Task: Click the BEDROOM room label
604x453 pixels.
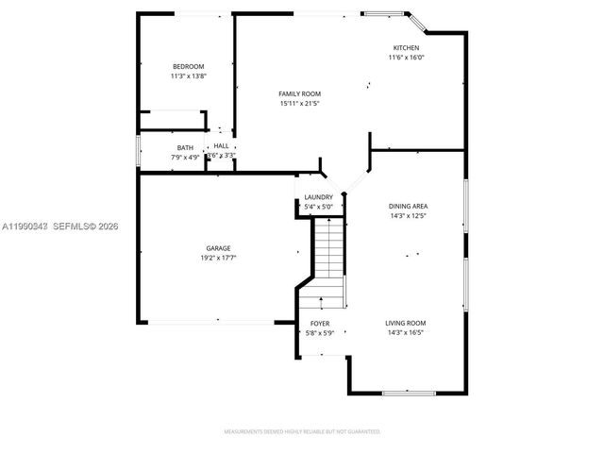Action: [x=188, y=66]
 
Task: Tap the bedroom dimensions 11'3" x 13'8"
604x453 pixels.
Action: [x=188, y=75]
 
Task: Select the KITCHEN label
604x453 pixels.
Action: [x=407, y=48]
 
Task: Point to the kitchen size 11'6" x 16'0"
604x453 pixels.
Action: [x=407, y=58]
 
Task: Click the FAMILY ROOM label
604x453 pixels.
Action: [x=300, y=93]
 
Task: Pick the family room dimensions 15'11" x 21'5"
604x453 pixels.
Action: [x=300, y=103]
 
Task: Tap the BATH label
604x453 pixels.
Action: [x=185, y=148]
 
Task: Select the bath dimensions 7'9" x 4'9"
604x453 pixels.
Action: [x=185, y=157]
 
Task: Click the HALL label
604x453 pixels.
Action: [x=221, y=146]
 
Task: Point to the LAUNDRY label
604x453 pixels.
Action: [x=318, y=197]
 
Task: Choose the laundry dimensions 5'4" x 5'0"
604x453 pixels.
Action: [x=318, y=207]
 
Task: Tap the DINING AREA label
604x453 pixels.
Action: [x=408, y=206]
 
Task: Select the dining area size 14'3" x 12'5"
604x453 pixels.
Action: [x=408, y=215]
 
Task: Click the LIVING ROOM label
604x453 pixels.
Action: [x=405, y=323]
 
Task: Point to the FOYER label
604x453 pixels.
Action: [x=319, y=323]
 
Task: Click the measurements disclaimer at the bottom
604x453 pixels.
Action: [x=301, y=431]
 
